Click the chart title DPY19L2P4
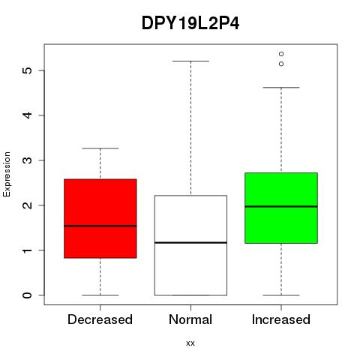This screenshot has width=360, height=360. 190,23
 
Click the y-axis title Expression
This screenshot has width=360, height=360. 7,174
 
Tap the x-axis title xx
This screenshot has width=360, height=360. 190,343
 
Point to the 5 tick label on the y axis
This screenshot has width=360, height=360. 28,70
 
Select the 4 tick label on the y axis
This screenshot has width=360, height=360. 28,115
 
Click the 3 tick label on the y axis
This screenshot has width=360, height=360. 28,160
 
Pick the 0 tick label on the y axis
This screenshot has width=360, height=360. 28,295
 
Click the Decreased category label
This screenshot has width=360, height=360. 100,319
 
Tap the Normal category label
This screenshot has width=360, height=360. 190,319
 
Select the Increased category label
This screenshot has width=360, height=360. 281,319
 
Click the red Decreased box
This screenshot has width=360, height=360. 100,218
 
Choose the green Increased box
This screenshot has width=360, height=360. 281,208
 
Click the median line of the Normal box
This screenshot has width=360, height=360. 190,242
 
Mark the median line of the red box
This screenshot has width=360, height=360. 100,226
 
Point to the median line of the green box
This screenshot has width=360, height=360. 281,206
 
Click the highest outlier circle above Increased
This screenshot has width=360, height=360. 281,54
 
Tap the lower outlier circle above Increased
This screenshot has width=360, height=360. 281,64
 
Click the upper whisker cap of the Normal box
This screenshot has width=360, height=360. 190,61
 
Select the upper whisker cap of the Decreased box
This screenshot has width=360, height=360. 100,148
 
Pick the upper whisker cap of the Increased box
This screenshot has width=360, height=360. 281,88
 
